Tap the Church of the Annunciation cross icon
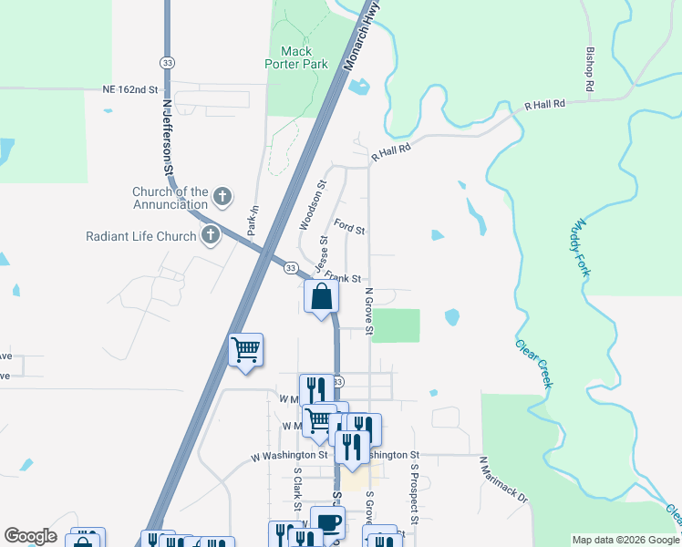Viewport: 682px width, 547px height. click(222, 197)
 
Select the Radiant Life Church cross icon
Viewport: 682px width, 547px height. click(211, 236)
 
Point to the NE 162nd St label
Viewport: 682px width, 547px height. click(130, 91)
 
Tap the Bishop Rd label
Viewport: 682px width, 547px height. click(591, 69)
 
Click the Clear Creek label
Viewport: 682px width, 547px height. click(534, 363)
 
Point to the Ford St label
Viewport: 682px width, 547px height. click(349, 225)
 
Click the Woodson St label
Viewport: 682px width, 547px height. click(312, 205)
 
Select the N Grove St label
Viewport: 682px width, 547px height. click(369, 311)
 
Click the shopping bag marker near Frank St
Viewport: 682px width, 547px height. click(321, 296)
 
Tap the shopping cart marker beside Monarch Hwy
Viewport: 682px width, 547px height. click(245, 350)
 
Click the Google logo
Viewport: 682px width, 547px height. click(30, 536)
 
